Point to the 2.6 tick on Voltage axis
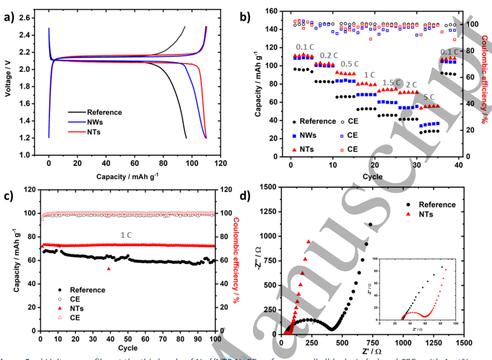click(24, 18)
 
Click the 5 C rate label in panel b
click(429, 97)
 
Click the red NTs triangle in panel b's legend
click(293, 148)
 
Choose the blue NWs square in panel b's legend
click(293, 135)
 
